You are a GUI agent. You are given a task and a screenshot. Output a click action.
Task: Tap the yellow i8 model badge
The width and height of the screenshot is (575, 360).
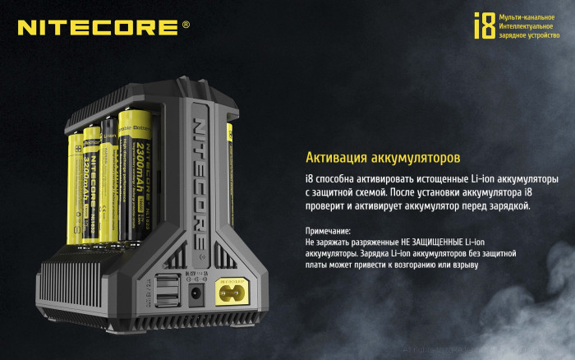click(x=485, y=25)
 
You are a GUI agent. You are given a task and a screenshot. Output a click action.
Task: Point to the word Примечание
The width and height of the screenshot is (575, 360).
click(x=328, y=231)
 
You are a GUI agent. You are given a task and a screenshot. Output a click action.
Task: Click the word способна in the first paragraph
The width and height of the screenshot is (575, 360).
click(x=344, y=178)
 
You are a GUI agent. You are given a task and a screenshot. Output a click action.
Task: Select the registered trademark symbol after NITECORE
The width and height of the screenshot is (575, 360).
click(x=186, y=25)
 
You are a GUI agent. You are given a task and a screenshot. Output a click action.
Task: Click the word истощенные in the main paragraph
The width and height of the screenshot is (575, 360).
click(x=435, y=178)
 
